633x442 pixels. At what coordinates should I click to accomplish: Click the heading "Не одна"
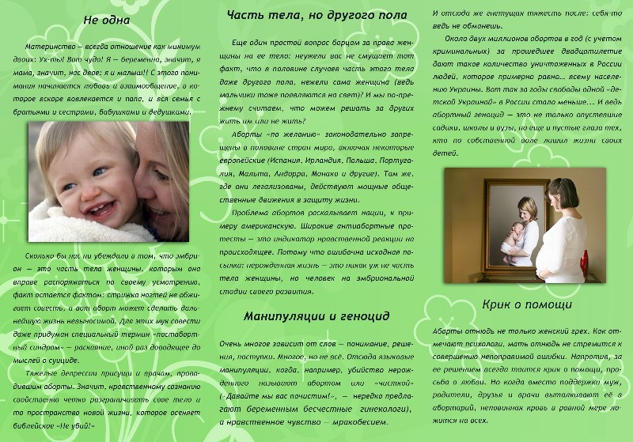pyautogui.click(x=106, y=20)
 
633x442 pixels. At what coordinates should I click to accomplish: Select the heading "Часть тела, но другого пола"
pyautogui.click(x=316, y=16)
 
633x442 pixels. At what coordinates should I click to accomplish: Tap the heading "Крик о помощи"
pyautogui.click(x=528, y=304)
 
